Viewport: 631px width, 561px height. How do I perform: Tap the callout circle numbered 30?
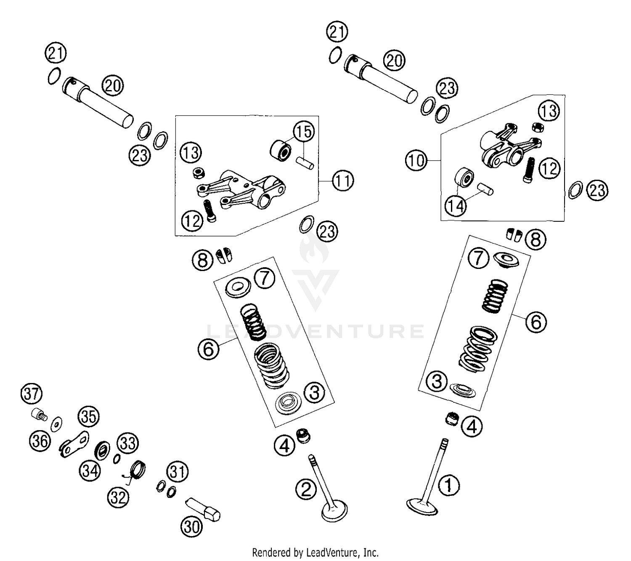pyautogui.click(x=191, y=526)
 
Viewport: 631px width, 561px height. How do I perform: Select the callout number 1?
pyautogui.click(x=449, y=485)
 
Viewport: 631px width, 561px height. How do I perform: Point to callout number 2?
pyautogui.click(x=306, y=489)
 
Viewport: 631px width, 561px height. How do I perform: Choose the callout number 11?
pyautogui.click(x=343, y=181)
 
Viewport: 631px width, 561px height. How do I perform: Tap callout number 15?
pyautogui.click(x=304, y=131)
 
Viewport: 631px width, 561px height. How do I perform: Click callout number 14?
pyautogui.click(x=456, y=206)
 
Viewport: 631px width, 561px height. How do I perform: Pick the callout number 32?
pyautogui.click(x=118, y=498)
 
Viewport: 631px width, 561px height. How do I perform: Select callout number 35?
pyautogui.click(x=88, y=417)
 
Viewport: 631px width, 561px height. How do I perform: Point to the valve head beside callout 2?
pyautogui.click(x=335, y=511)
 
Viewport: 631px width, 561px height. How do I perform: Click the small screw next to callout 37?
pyautogui.click(x=38, y=415)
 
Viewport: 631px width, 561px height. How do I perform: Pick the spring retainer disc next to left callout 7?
pyautogui.click(x=238, y=288)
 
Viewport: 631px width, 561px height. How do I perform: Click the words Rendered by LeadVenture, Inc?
pyautogui.click(x=315, y=552)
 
